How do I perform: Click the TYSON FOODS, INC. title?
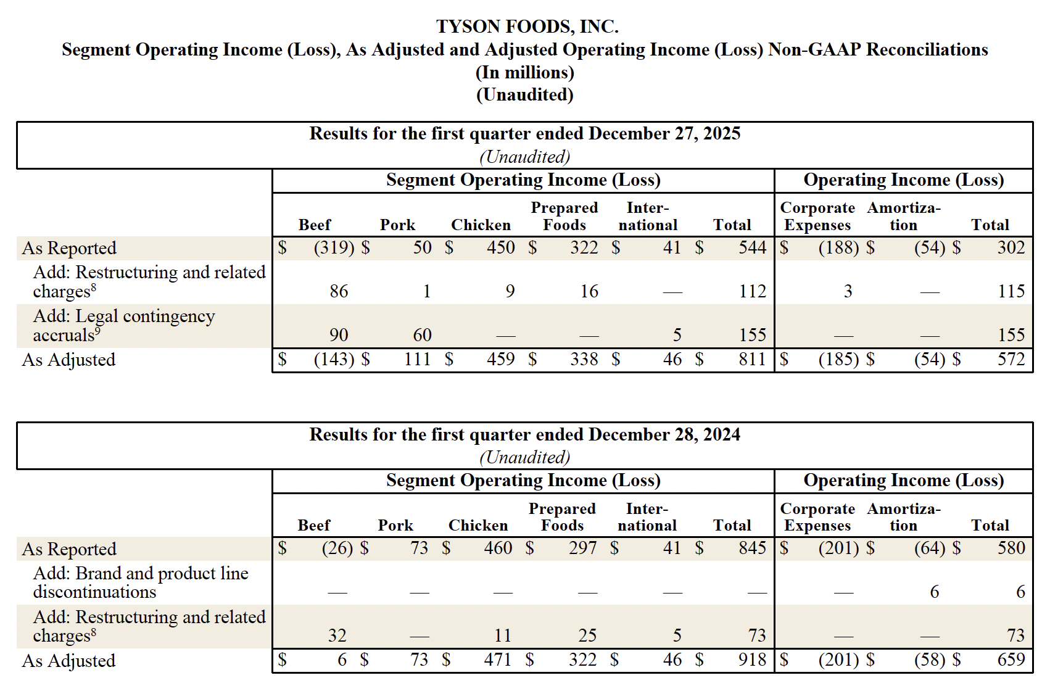[x=527, y=27]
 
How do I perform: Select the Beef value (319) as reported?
[x=334, y=248]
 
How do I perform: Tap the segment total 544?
[x=752, y=248]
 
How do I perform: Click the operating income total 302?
[x=1011, y=248]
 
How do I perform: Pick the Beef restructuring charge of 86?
[x=339, y=291]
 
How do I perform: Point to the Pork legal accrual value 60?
[x=422, y=335]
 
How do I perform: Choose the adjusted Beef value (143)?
[x=334, y=360]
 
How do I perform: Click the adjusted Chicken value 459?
[x=500, y=360]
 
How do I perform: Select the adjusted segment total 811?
[x=752, y=360]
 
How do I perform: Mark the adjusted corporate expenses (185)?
[x=838, y=360]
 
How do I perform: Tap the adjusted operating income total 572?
[x=1011, y=360]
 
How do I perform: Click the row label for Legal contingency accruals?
[x=123, y=325]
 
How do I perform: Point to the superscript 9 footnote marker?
[x=97, y=331]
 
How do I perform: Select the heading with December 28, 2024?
[x=524, y=435]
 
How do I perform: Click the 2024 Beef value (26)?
[x=337, y=548]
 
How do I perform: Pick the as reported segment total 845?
[x=752, y=548]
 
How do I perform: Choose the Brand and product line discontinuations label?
[x=141, y=582]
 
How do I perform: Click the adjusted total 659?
[x=1011, y=660]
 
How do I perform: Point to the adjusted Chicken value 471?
[x=497, y=660]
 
